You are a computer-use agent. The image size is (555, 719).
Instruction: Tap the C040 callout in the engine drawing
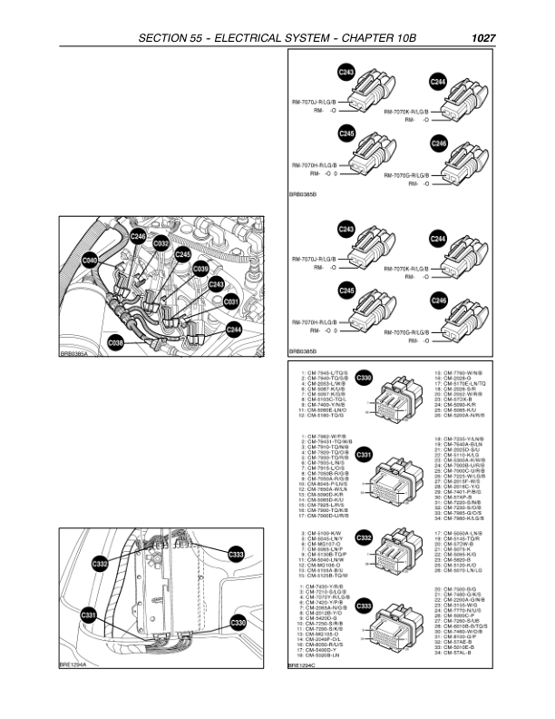point(90,261)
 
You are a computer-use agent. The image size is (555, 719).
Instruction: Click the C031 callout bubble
point(230,300)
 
